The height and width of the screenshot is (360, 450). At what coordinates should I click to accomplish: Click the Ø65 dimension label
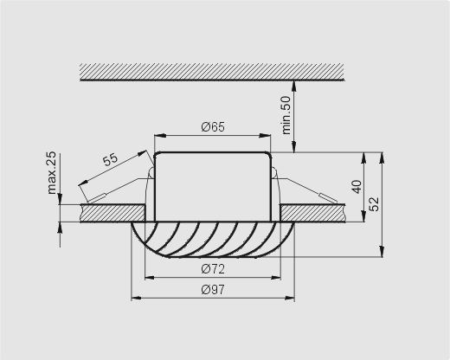click(213, 127)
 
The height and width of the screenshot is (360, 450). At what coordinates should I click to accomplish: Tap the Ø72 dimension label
click(213, 269)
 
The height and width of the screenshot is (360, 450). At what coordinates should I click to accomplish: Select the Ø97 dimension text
click(213, 290)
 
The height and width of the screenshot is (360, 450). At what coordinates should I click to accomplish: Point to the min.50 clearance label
click(286, 115)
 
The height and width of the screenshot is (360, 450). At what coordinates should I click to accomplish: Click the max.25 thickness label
click(52, 173)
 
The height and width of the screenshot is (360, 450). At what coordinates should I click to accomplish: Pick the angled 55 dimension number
click(111, 159)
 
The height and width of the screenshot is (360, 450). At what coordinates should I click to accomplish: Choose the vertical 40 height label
click(357, 187)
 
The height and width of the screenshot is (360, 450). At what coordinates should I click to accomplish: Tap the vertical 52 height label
click(374, 204)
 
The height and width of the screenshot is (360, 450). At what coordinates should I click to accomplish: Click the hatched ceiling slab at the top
click(212, 72)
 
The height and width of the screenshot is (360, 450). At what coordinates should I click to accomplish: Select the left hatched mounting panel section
click(112, 213)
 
